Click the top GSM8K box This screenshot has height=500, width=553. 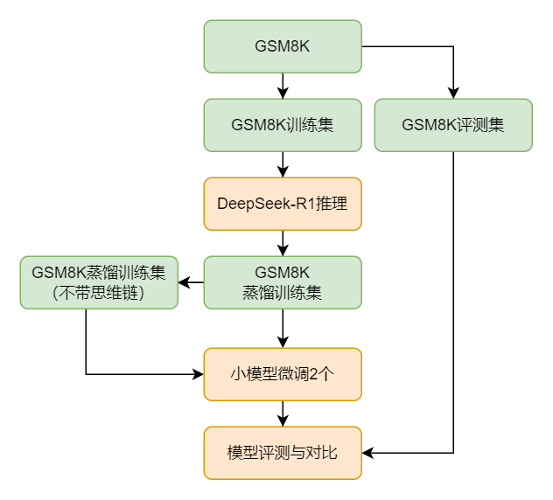[283, 46]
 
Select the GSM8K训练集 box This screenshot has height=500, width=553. [283, 125]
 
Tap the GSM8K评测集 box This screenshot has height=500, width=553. [453, 125]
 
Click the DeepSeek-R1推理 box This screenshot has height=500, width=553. [283, 204]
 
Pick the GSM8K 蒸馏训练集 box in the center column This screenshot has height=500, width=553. [283, 282]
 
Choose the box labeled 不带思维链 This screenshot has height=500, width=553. [99, 282]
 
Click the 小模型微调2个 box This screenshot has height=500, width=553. [283, 374]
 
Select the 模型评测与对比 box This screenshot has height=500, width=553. [283, 453]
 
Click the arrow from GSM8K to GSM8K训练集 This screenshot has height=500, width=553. [283, 86]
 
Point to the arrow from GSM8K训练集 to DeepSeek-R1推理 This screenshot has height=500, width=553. [283, 164]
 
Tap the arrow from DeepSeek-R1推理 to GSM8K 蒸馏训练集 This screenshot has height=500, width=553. [283, 243]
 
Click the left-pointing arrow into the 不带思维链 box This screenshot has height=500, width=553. [191, 282]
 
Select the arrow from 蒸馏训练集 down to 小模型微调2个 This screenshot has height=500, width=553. [283, 328]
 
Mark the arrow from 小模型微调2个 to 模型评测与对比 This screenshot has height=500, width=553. [283, 413]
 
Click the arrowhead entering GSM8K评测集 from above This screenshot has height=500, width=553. [453, 94]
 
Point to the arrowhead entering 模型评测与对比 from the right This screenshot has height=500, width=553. [367, 453]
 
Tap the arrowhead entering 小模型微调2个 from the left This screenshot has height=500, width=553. [198, 374]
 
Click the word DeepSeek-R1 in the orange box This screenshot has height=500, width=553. [258, 204]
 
